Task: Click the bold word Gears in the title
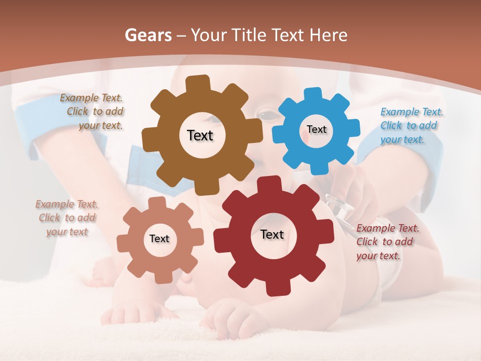coord(147,35)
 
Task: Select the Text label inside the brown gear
coord(200,135)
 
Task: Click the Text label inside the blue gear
coord(316,129)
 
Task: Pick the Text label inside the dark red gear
coord(272,234)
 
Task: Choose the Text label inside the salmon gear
coord(159,239)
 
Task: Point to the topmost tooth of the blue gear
coord(313,93)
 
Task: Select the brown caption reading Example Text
coord(91,98)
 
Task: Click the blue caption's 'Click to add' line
coord(408,125)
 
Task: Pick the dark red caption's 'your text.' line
coord(378,256)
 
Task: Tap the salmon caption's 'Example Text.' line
coord(67,204)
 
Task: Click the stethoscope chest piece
coord(341,207)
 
